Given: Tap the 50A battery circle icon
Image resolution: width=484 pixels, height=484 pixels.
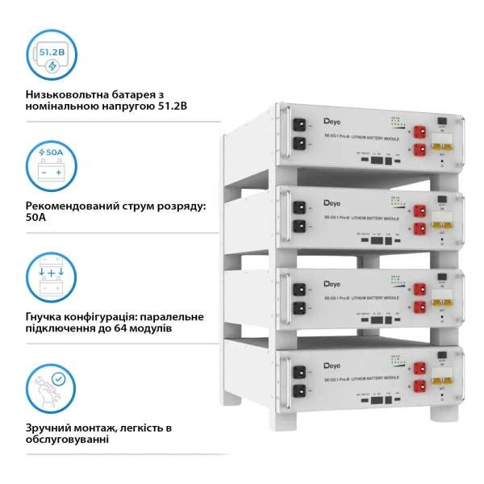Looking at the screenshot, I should pos(52,165).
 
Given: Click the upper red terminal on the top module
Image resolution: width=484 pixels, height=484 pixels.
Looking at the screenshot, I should pos(420,131).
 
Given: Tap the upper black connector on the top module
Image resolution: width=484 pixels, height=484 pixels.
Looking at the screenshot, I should pos(299,126).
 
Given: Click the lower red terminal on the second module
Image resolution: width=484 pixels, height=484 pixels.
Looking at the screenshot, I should pos(420,228).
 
